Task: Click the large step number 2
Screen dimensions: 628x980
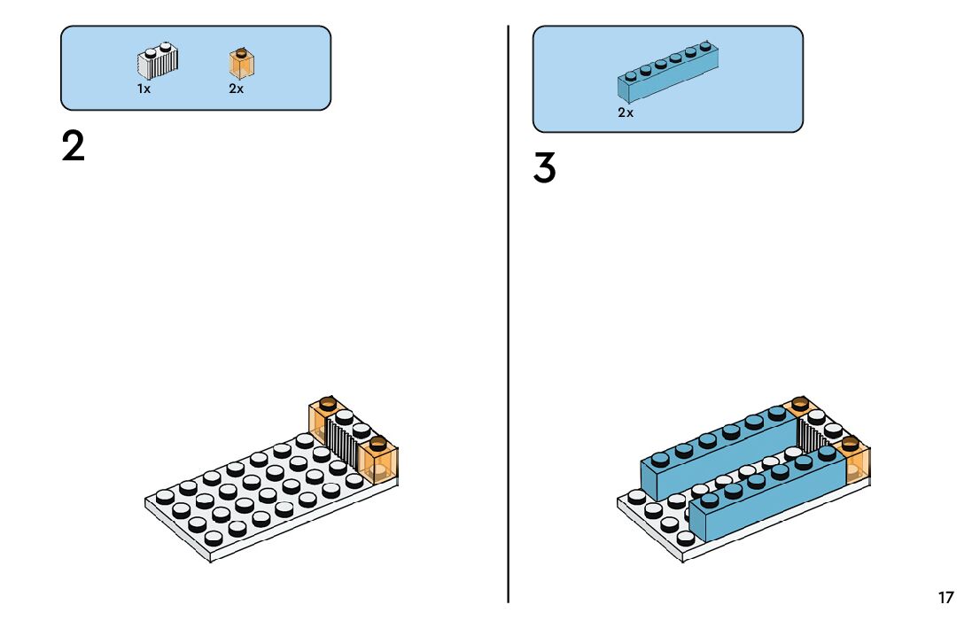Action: (x=74, y=146)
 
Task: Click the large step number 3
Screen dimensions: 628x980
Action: (x=544, y=168)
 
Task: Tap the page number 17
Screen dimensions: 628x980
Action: (x=946, y=598)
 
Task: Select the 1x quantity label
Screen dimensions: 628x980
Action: (x=144, y=89)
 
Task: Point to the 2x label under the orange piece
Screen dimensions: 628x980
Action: (x=236, y=89)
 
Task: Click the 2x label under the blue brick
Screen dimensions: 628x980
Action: (x=626, y=112)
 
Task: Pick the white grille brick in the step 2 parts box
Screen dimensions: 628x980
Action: (x=157, y=60)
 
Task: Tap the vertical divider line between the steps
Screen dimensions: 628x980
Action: (x=509, y=310)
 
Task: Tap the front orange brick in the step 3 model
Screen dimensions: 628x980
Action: (x=856, y=461)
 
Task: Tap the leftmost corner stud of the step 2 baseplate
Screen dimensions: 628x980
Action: (x=165, y=496)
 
